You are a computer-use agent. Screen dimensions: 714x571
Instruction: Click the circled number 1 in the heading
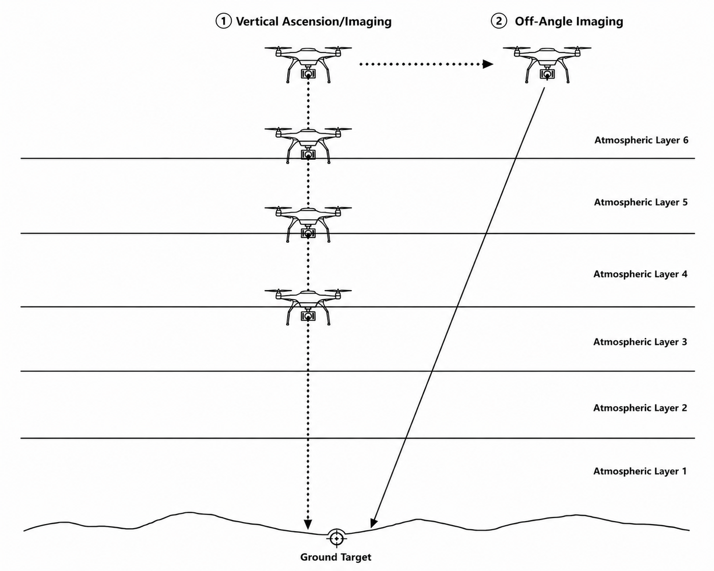coord(224,21)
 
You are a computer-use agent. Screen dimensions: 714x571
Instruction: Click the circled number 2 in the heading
coord(499,21)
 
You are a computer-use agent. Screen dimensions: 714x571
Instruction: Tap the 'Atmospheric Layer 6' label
coord(641,140)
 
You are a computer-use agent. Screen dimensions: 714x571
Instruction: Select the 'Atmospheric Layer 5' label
coord(641,202)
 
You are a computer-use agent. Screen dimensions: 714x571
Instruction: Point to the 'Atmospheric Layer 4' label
coord(640,274)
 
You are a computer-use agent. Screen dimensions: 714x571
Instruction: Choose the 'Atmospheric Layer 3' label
coord(640,342)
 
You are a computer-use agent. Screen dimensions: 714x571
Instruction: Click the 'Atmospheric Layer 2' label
coord(640,408)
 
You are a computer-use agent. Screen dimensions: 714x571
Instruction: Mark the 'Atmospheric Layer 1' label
coord(640,471)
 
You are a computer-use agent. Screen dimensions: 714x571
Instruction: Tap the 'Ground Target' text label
coord(336,557)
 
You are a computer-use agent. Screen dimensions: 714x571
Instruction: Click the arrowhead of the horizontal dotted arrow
coord(488,64)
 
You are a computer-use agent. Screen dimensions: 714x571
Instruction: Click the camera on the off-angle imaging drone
coord(546,74)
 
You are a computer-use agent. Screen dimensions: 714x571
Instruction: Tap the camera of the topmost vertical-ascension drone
coord(308,74)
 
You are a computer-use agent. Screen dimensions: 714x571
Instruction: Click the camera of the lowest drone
coord(308,316)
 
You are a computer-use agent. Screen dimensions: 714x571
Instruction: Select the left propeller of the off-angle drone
coord(516,48)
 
